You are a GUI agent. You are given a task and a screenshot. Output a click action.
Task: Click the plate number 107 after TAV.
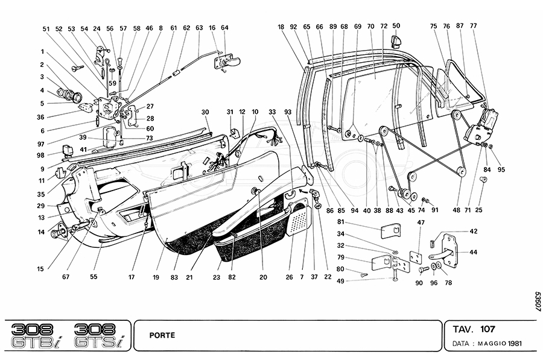point(488,330)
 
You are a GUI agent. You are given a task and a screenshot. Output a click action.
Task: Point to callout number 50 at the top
point(396,27)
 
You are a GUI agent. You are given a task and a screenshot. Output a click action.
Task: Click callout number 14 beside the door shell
point(42,232)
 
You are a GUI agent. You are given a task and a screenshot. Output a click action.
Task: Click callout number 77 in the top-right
point(474,27)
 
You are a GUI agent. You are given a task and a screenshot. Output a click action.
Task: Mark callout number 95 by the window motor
point(501,169)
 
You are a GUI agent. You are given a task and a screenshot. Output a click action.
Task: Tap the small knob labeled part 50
point(396,41)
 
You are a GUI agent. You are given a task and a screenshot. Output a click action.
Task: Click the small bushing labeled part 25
point(484,180)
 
